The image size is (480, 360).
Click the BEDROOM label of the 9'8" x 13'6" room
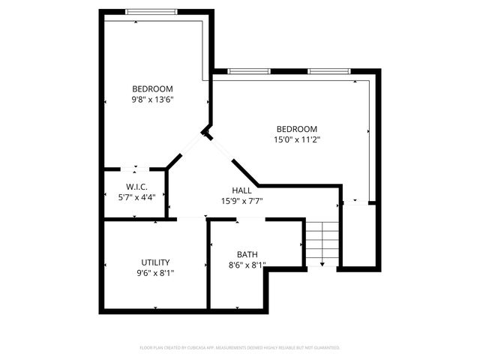point(152,88)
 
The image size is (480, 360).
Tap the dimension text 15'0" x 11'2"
point(297,139)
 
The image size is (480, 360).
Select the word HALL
point(241,190)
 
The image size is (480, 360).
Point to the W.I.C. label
point(136,186)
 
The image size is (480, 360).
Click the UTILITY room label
point(155,262)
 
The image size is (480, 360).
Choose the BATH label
point(247,253)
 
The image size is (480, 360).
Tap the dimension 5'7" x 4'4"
point(136,196)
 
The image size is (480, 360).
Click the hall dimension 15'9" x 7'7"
point(241,200)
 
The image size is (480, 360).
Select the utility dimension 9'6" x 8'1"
point(155,272)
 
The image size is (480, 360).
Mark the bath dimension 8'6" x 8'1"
point(247,264)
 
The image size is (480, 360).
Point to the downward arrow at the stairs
point(322,263)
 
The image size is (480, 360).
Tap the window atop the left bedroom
point(151,11)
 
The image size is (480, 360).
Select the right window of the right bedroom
point(329,71)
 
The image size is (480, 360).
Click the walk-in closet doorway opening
point(136,169)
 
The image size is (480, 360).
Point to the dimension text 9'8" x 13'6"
point(152,99)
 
